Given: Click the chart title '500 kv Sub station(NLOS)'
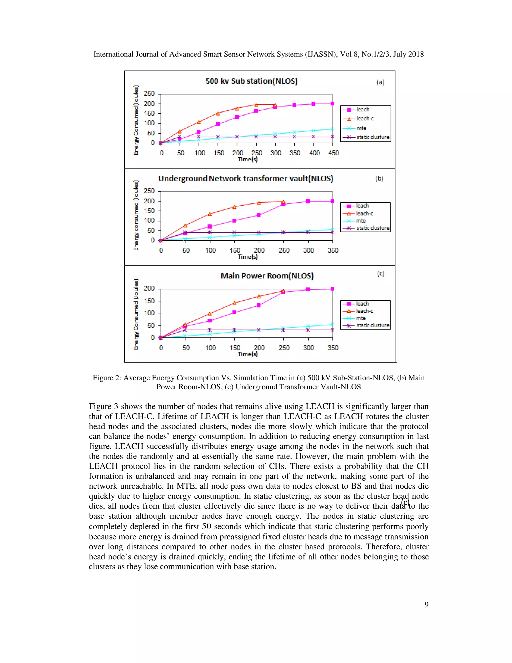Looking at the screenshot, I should tap(251, 81).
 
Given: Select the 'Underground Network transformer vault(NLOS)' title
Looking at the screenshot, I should tap(245, 178).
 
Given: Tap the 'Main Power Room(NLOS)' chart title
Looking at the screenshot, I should tap(267, 276).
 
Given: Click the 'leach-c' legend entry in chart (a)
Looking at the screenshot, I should tap(365, 119).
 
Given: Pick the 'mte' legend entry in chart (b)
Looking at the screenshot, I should tap(361, 221).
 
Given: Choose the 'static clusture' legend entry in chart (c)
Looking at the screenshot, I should tap(372, 325).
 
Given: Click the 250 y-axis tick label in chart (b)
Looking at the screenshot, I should tap(149, 191).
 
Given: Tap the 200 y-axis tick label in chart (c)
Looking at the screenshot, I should tap(149, 288).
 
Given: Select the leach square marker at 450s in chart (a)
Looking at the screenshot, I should tap(332, 104).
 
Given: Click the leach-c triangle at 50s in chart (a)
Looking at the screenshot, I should tap(179, 131).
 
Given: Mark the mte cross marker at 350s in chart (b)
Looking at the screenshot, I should tap(332, 229).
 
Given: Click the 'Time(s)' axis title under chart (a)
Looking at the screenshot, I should tap(247, 159).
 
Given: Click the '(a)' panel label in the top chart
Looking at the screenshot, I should tap(380, 82).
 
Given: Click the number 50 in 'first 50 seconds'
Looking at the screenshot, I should tap(206, 526).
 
